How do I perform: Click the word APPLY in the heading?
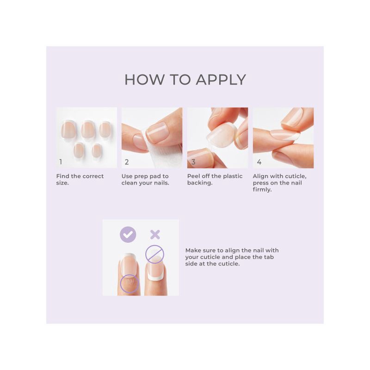click(x=221, y=79)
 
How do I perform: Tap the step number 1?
click(x=61, y=162)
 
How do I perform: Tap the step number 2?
click(x=127, y=162)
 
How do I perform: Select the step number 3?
click(x=193, y=162)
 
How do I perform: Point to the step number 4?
click(x=259, y=162)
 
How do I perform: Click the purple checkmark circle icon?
click(x=128, y=234)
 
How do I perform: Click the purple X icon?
click(x=155, y=234)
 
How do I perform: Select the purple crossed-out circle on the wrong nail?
click(x=154, y=254)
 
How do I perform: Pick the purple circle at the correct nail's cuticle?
click(x=129, y=284)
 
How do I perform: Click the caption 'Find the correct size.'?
click(x=80, y=179)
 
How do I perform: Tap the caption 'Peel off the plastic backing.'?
click(x=215, y=179)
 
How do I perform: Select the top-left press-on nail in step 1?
click(x=67, y=130)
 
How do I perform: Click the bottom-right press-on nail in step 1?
click(x=97, y=151)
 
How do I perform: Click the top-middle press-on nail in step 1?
click(x=87, y=129)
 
